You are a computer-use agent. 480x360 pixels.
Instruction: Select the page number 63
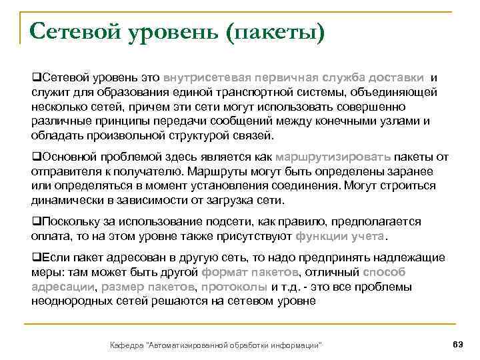click(457, 344)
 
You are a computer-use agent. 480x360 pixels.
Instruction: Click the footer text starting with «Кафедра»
click(216, 345)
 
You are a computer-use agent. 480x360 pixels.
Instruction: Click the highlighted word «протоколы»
click(234, 287)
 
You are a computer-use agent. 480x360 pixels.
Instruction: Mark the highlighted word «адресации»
click(64, 287)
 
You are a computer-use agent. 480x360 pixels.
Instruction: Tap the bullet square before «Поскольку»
click(35, 221)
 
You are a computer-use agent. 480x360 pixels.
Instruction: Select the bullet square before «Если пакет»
click(35, 258)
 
